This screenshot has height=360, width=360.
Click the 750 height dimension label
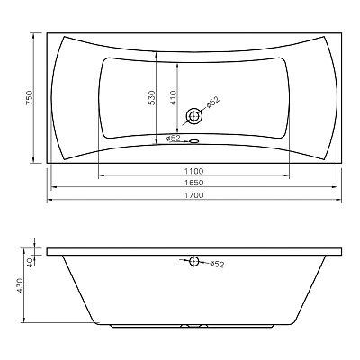(29, 97)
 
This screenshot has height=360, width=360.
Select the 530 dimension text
(152, 97)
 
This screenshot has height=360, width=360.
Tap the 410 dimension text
(174, 97)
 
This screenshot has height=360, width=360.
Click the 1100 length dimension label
(193, 171)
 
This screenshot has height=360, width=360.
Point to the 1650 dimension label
(193, 183)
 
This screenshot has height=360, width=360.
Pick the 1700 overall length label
(193, 195)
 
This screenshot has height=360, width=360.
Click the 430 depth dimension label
(20, 285)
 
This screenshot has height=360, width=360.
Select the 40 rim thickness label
(30, 263)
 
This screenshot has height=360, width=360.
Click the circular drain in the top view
(194, 116)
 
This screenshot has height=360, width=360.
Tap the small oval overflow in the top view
(194, 140)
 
